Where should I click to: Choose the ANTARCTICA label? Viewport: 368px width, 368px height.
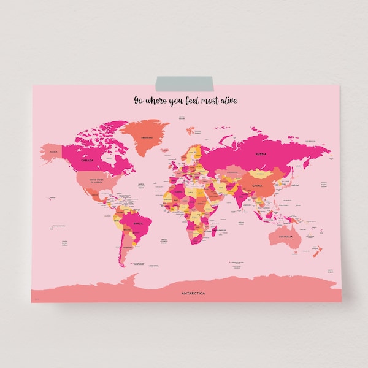click(194, 293)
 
